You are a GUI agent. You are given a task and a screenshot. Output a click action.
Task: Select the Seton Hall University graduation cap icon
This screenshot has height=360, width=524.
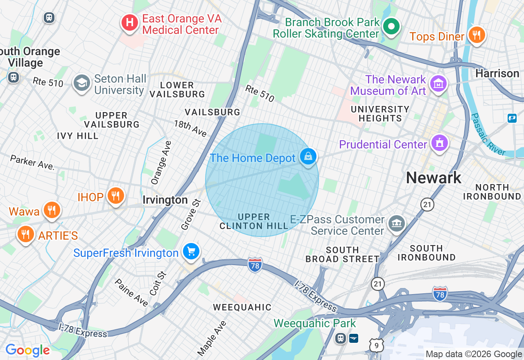click(81, 83)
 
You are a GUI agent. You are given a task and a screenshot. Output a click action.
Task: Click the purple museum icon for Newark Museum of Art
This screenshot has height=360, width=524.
click(438, 84)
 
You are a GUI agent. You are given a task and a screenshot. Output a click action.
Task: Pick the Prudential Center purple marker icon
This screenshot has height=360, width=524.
click(439, 144)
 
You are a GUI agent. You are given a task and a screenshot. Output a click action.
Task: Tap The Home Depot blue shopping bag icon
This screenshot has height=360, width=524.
click(308, 157)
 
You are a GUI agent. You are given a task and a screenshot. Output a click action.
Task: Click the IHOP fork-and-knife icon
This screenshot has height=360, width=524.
click(116, 196)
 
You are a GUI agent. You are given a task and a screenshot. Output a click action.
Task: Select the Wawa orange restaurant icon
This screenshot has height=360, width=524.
click(51, 211)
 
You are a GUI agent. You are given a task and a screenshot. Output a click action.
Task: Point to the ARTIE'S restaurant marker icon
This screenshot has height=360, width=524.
click(25, 234)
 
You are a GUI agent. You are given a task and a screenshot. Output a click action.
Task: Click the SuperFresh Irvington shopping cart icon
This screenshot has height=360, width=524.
click(191, 252)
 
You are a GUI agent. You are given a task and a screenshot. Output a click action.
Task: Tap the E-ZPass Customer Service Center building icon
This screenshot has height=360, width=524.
click(396, 224)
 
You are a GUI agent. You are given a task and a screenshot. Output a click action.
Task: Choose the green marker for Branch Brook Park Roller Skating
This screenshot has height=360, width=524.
click(391, 27)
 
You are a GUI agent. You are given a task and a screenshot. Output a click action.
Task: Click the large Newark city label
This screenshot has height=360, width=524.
click(434, 178)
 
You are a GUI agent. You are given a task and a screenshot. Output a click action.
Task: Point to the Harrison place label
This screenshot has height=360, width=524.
click(497, 74)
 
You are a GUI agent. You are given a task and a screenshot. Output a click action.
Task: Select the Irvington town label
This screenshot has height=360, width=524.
click(165, 200)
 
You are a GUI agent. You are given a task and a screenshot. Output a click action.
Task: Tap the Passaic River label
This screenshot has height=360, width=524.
click(488, 135)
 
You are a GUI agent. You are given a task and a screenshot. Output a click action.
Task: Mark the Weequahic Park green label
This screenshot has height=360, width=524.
click(314, 324)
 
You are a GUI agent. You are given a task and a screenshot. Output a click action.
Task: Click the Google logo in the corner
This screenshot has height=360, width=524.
click(27, 351)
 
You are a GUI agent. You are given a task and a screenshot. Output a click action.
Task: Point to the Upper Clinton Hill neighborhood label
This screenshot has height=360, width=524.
click(254, 221)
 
